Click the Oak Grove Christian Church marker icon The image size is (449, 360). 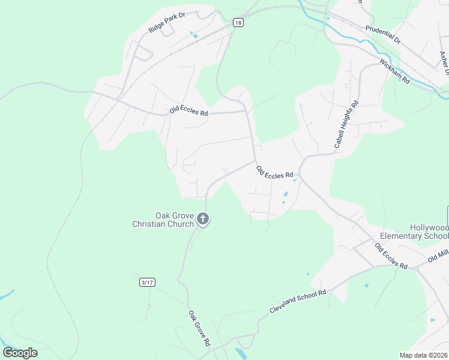[x=203, y=220]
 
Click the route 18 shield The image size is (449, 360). [x=238, y=23]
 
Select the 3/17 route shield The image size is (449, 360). [x=146, y=281]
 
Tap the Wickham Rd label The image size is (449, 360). [x=394, y=71]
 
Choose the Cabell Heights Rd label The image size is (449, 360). [x=346, y=124]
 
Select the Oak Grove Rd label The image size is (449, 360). [x=199, y=328]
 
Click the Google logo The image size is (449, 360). [x=20, y=352]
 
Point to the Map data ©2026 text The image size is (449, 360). [x=423, y=355]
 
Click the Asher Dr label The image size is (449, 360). [x=444, y=63]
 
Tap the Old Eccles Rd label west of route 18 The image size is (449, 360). [x=188, y=110]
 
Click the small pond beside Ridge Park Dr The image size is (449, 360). [x=194, y=35]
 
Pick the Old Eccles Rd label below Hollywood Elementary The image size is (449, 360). [x=391, y=256]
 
